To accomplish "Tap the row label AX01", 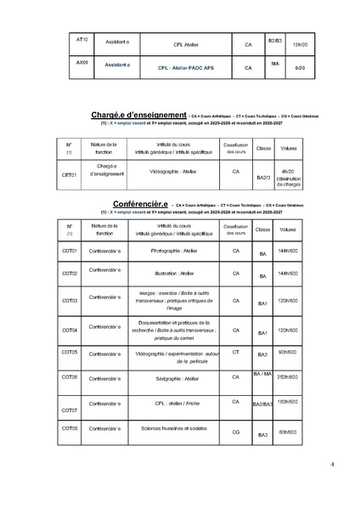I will tap(82, 62).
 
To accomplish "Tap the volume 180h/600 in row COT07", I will tap(288, 401).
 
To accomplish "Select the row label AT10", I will tap(82, 39).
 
